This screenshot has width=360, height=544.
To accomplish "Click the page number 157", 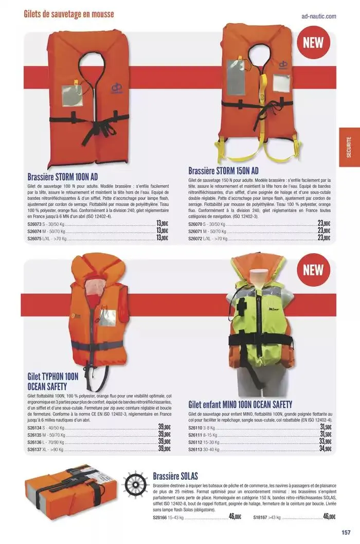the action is click(x=346, y=532).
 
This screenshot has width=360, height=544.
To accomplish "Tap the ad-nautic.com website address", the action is click(x=319, y=16).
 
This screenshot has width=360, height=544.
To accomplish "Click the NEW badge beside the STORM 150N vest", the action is click(x=313, y=43).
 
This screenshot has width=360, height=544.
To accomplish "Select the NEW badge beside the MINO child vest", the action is click(x=313, y=270).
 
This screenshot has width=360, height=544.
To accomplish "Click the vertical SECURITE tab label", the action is click(x=349, y=147).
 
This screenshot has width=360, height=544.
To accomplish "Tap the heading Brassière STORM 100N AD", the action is click(x=62, y=177).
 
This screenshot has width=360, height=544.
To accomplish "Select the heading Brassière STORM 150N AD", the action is click(x=223, y=171).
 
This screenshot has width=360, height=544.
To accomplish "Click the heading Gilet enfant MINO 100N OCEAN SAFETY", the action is click(x=240, y=405).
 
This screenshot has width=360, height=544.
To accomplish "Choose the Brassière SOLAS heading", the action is click(x=175, y=476).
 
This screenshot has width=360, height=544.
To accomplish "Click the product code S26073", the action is click(x=34, y=224).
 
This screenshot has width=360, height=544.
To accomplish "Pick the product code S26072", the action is click(x=195, y=239).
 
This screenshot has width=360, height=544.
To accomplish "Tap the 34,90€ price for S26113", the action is click(x=326, y=449).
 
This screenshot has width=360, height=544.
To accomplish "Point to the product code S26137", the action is click(x=34, y=450).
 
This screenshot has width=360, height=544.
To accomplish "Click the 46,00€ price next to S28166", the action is click(x=235, y=516).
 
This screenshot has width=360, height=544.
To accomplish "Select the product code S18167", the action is click(x=260, y=517).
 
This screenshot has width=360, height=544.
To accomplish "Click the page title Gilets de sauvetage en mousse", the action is click(x=69, y=14).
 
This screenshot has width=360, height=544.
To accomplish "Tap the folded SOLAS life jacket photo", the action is click(x=65, y=493).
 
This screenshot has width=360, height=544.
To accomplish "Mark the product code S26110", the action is click(x=195, y=428).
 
